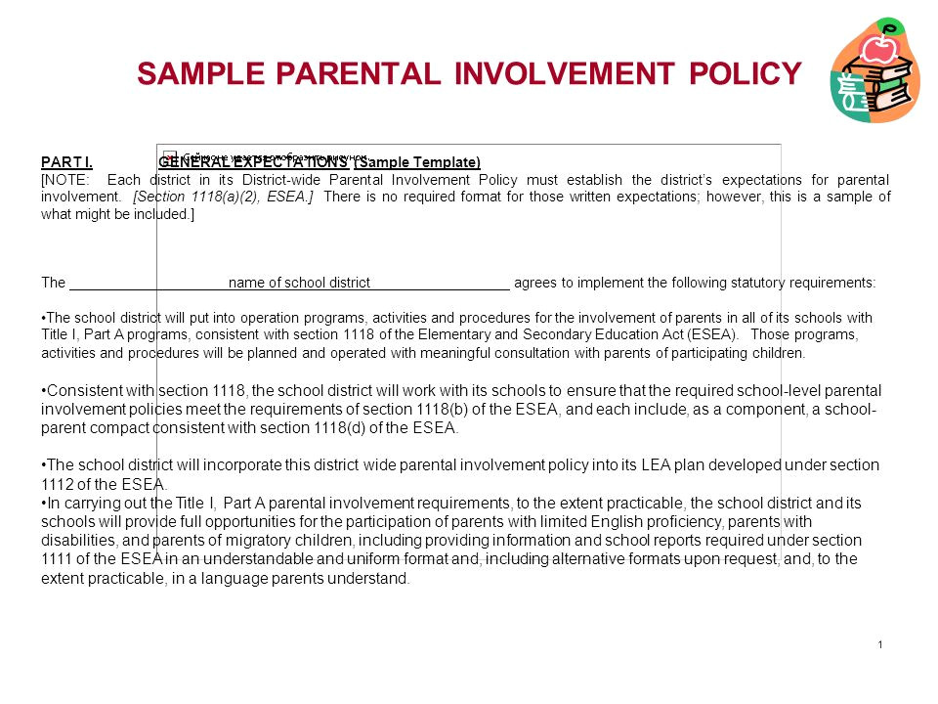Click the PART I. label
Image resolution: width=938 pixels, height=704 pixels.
coord(66,162)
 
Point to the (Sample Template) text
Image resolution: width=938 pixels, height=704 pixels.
coord(417,162)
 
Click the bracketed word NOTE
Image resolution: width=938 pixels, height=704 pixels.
coord(65,180)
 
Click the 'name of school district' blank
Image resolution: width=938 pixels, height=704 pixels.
coord(299,284)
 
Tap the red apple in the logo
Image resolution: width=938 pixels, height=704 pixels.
coord(886,47)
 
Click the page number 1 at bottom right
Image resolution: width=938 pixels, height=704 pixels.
coord(880,644)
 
